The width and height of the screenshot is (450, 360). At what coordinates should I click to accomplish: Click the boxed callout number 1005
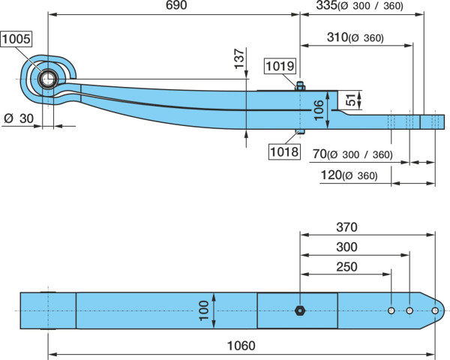[16, 39]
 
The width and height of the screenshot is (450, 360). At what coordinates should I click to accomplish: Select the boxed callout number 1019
[280, 66]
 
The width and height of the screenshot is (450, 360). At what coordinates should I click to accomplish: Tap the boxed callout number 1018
[284, 151]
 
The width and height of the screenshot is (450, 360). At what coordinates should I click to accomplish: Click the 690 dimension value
[176, 5]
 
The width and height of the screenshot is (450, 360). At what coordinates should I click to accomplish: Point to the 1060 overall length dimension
[241, 346]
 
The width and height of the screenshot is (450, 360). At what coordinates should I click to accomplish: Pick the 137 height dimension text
[239, 58]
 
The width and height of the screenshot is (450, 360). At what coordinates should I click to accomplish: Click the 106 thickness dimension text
[319, 110]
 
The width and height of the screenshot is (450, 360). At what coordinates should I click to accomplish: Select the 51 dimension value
[351, 100]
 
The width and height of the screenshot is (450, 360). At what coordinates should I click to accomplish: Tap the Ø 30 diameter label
[19, 118]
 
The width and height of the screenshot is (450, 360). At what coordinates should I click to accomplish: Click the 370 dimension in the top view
[346, 227]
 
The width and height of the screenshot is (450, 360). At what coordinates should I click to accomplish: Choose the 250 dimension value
[346, 267]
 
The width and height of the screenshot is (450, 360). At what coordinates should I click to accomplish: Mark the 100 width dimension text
[203, 310]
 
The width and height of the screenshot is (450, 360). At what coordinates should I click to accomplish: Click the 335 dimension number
[326, 5]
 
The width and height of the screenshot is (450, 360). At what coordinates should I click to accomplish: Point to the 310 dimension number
[337, 37]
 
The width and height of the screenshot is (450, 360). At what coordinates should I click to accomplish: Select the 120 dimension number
[331, 175]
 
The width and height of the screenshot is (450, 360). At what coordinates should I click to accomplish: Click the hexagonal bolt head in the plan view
[300, 310]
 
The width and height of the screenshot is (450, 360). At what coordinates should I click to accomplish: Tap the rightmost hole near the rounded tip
[435, 310]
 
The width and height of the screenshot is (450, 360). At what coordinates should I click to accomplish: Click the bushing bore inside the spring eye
[48, 79]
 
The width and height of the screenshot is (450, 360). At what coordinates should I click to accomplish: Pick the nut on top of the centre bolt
[300, 86]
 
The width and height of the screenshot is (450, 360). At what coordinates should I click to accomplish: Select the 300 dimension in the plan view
[346, 247]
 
